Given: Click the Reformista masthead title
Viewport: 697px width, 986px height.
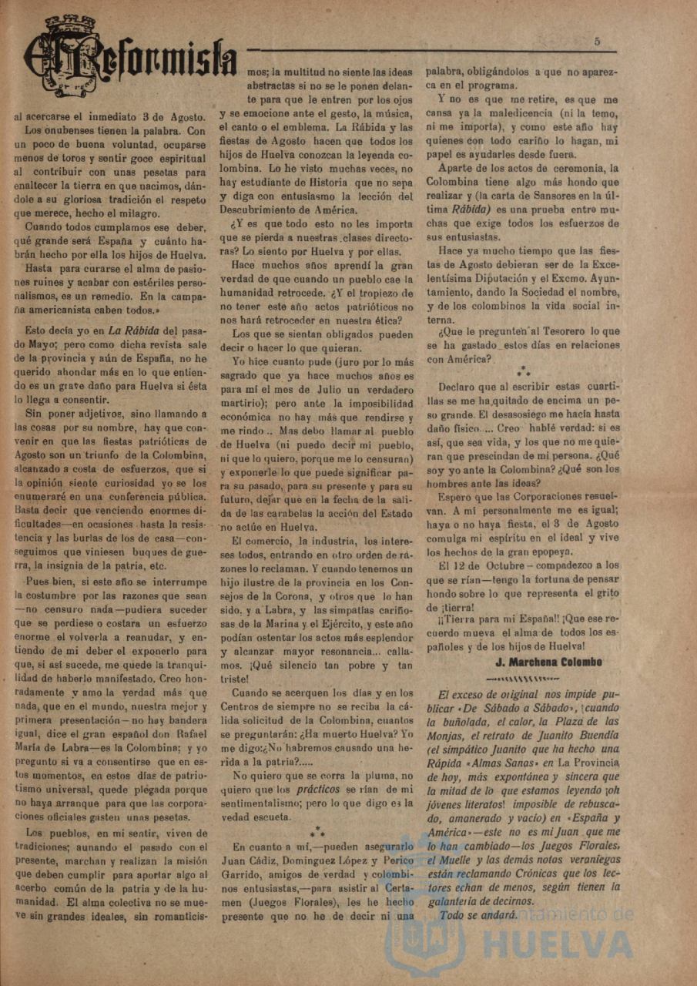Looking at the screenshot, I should pyautogui.click(x=131, y=65).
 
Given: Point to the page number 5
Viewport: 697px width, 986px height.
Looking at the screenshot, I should pyautogui.click(x=597, y=41).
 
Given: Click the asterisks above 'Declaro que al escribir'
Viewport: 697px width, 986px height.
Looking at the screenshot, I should pyautogui.click(x=524, y=372).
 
